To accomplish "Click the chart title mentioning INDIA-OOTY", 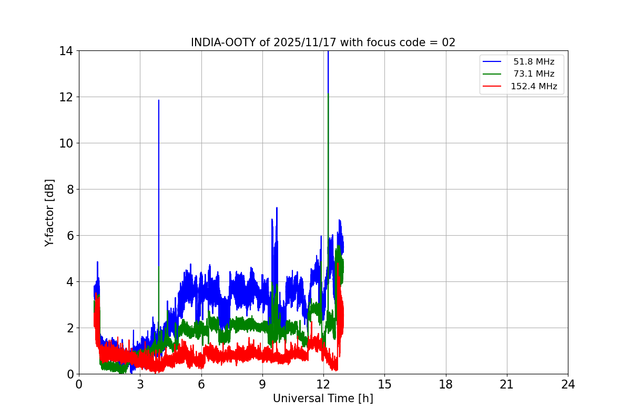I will [x=323, y=43].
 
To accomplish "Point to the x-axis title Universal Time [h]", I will [x=323, y=398].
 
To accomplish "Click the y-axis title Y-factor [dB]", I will [x=49, y=213].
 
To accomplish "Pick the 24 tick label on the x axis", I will [x=568, y=384].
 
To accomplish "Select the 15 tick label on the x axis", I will [x=384, y=384].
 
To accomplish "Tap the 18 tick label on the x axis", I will [x=446, y=384].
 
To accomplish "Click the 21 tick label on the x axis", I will [x=507, y=384].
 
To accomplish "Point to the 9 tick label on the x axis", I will [x=262, y=384].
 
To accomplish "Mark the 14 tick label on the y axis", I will [x=66, y=51].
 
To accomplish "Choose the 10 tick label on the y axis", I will [x=66, y=143].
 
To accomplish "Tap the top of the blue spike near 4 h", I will [x=159, y=100].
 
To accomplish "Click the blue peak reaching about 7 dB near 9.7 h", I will [x=277, y=208].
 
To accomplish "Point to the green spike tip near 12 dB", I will [x=328, y=94].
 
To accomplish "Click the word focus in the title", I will [x=373, y=43].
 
